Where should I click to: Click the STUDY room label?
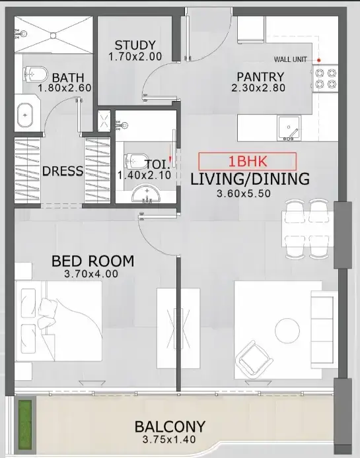[x=135, y=46]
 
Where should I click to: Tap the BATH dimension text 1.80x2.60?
[x=65, y=88]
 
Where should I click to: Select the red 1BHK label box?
[x=248, y=161]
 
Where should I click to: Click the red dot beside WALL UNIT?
[x=319, y=60]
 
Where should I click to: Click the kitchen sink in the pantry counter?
[x=289, y=128]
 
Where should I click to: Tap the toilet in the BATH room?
[x=36, y=75]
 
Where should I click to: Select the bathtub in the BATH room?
[x=25, y=115]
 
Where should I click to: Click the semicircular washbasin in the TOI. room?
[x=146, y=193]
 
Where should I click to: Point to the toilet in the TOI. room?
[x=136, y=160]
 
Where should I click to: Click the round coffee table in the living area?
[x=287, y=331]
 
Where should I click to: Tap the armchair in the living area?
[x=254, y=358]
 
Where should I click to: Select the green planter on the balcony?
[x=25, y=425]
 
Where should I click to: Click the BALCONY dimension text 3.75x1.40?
[x=169, y=440]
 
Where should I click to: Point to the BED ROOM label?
[x=93, y=261]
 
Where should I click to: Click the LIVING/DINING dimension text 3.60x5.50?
[x=244, y=193]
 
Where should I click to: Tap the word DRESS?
[x=63, y=171]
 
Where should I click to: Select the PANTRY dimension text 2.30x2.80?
[x=258, y=88]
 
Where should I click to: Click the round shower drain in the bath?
[x=53, y=36]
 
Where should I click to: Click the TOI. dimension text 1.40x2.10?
[x=144, y=176]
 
